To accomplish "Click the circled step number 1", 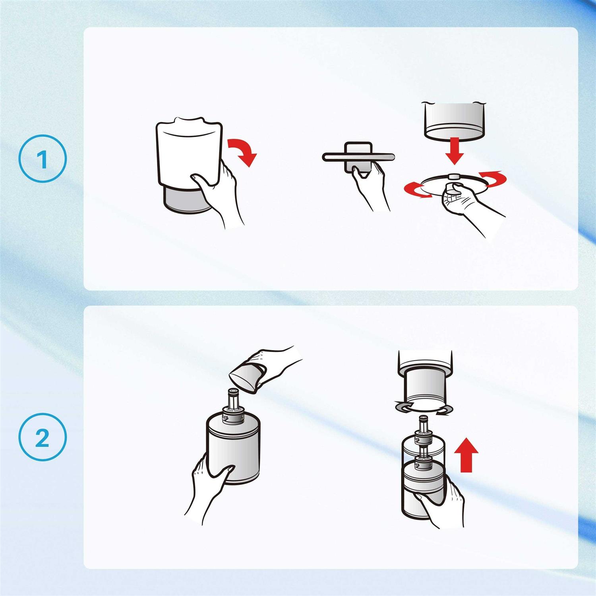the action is (43, 159).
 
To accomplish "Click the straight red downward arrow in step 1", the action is (454, 151).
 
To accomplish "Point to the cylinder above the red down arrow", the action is (455, 120).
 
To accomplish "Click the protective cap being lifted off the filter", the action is (246, 378).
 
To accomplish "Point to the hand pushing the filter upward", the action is (441, 503).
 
